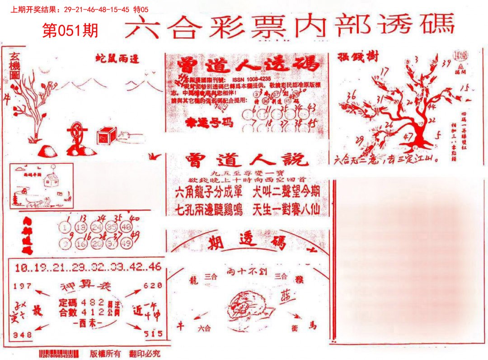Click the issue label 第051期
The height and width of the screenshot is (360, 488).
(70, 31)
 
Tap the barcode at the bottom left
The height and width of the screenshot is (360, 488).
(59, 353)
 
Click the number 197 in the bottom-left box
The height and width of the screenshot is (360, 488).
(23, 286)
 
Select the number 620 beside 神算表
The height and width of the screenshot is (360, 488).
(153, 286)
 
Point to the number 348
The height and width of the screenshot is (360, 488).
(23, 335)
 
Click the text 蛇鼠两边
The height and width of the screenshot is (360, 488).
(117, 58)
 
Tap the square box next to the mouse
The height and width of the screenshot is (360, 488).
(107, 135)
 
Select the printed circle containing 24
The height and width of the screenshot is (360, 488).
(96, 227)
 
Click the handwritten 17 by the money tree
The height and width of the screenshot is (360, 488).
(385, 71)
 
